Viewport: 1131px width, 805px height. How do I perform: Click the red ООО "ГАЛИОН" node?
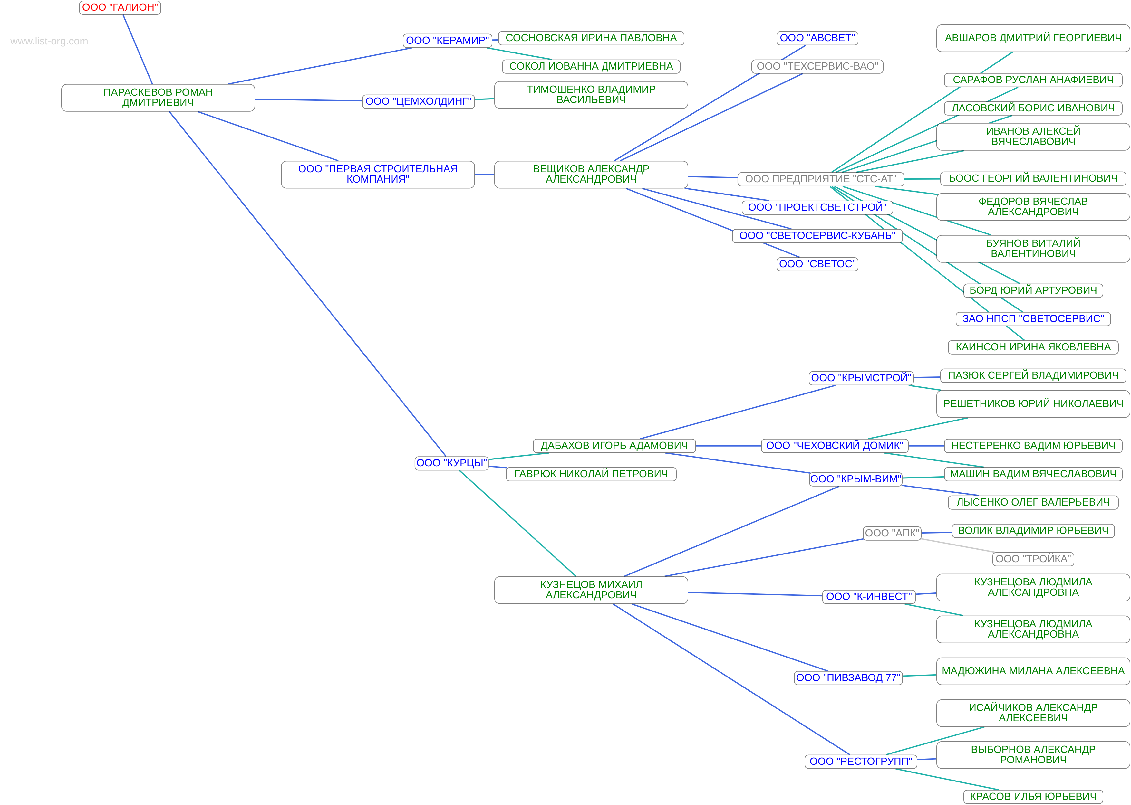(x=120, y=7)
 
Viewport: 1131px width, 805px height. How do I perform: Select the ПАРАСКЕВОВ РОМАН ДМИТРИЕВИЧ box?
(x=158, y=98)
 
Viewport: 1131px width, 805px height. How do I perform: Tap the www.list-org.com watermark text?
(x=49, y=41)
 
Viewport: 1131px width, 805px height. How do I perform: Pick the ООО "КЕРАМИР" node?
(x=447, y=41)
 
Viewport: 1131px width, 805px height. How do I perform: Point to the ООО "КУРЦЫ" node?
(x=451, y=463)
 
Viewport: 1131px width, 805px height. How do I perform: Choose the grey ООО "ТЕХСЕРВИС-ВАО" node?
(x=817, y=66)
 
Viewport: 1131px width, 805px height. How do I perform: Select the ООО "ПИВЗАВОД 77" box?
(x=848, y=677)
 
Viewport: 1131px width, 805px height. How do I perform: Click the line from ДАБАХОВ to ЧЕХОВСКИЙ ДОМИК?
(x=728, y=446)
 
